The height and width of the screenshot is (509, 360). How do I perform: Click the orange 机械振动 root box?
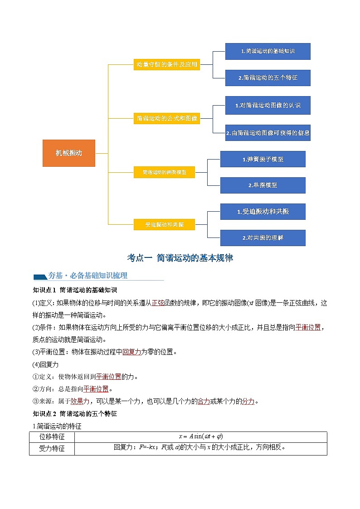69,153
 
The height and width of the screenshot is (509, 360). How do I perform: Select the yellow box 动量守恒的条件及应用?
167,64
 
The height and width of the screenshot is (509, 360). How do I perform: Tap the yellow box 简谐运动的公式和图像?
167,119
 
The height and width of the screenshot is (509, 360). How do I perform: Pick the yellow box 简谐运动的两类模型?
164,172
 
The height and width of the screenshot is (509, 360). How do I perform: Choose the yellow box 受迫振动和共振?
164,224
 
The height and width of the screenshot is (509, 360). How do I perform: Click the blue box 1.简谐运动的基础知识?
268,51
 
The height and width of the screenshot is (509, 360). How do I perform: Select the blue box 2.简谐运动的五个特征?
268,78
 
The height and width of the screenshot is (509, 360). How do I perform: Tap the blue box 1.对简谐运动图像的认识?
268,105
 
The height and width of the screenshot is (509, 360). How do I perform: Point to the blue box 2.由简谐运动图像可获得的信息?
268,133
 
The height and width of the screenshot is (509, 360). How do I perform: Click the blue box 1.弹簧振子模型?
263,159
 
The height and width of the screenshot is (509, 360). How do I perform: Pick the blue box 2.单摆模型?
263,185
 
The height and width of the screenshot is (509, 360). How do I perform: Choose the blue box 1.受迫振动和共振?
263,212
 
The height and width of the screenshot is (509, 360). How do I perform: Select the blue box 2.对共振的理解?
263,238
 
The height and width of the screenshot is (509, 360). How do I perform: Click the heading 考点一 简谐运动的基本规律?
180,258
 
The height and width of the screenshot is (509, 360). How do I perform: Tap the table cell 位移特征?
52,436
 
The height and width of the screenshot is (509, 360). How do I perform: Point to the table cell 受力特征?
52,448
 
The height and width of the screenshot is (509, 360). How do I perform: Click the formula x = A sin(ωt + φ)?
200,436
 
